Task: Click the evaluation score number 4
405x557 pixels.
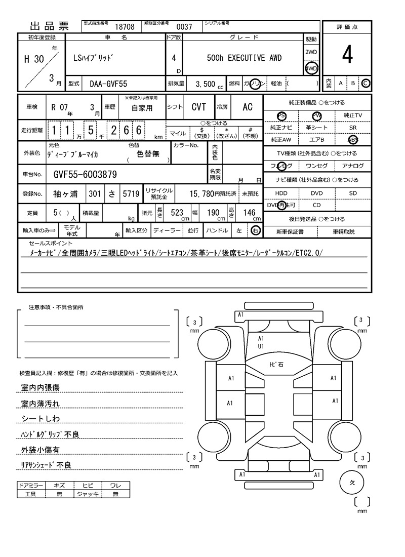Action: tap(347, 56)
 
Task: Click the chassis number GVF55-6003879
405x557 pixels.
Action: tap(85, 175)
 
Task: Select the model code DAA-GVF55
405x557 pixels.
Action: tap(108, 84)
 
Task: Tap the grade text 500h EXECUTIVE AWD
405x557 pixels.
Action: tap(244, 58)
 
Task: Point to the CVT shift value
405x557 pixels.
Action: tap(198, 107)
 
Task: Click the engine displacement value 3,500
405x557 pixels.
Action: tap(205, 84)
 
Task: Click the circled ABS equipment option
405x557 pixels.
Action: tap(353, 140)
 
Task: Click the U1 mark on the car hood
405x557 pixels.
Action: tap(261, 346)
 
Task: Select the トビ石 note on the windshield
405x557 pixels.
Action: tap(276, 365)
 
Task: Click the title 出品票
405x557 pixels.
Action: tap(49, 26)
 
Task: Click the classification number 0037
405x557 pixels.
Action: tap(184, 27)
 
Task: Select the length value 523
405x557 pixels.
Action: tap(177, 213)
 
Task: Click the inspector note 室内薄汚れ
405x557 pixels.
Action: tap(40, 404)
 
